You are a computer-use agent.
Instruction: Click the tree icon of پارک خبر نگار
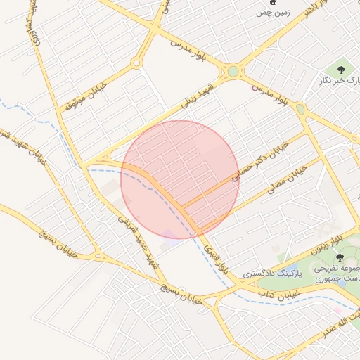coord(341,70)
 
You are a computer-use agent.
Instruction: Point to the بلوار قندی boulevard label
coord(217,258)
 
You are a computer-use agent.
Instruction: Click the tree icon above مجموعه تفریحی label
coord(340,257)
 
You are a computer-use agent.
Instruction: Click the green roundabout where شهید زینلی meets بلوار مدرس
coord(233,71)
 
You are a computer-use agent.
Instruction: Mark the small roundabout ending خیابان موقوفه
coord(136,63)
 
